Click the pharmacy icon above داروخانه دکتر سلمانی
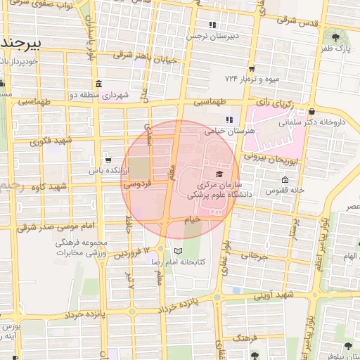[x=311, y=111]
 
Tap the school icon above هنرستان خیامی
[x=228, y=119]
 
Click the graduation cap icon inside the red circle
[x=219, y=174]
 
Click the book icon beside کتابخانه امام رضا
[x=178, y=251]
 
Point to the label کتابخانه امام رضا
[x=180, y=262]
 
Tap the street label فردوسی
[x=136, y=185]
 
